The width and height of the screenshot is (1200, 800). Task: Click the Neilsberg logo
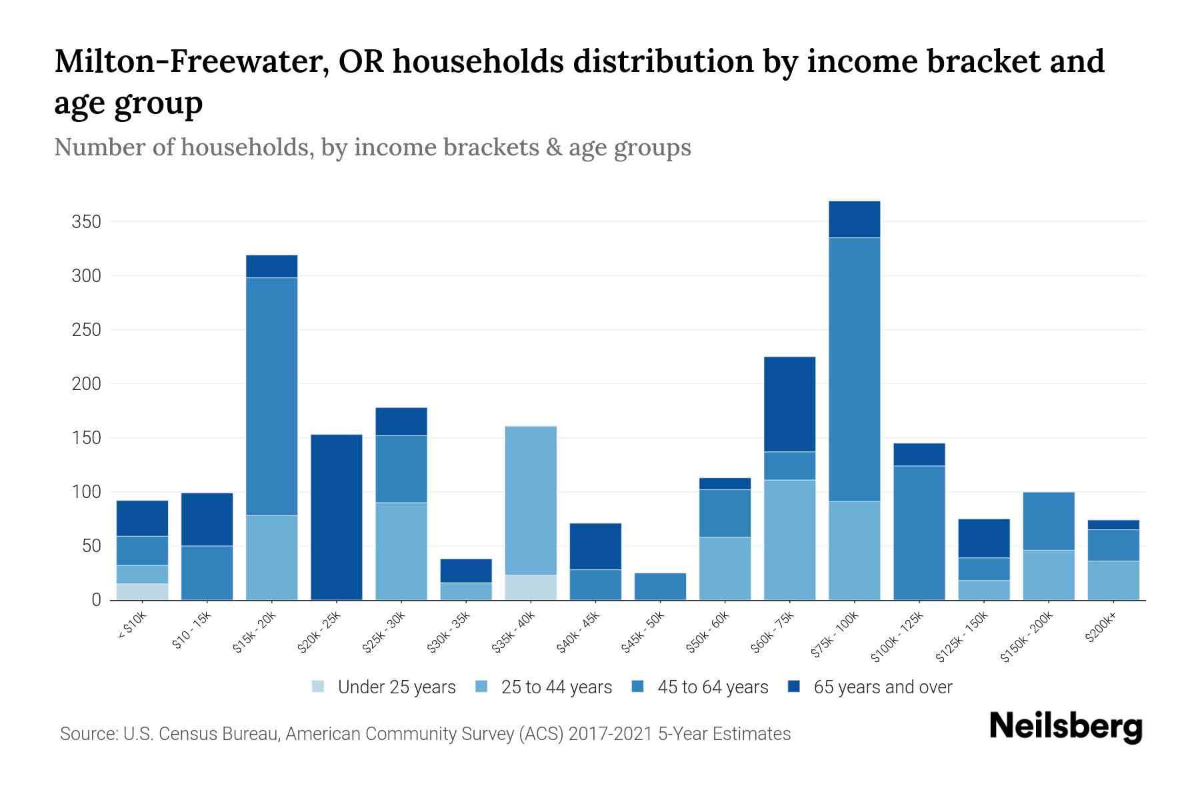coord(1065,726)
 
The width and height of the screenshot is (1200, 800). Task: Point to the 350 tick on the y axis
coord(86,222)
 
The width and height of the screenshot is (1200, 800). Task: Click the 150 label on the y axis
coord(86,438)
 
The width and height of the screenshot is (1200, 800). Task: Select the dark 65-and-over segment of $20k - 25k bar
coord(337,517)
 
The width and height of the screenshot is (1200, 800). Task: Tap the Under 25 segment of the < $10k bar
coord(142,591)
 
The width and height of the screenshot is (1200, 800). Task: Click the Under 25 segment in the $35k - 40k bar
coord(531,587)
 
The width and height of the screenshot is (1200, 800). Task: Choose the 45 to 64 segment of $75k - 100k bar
coord(854,369)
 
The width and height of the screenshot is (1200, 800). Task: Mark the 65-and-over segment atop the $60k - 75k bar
coord(789,404)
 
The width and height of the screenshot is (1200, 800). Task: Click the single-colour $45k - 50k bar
coord(660,586)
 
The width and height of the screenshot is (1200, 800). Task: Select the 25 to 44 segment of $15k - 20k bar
coord(271,557)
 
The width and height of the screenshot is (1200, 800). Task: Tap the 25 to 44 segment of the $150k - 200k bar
coord(1049,575)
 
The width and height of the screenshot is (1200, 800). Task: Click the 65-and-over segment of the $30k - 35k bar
coord(466,571)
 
